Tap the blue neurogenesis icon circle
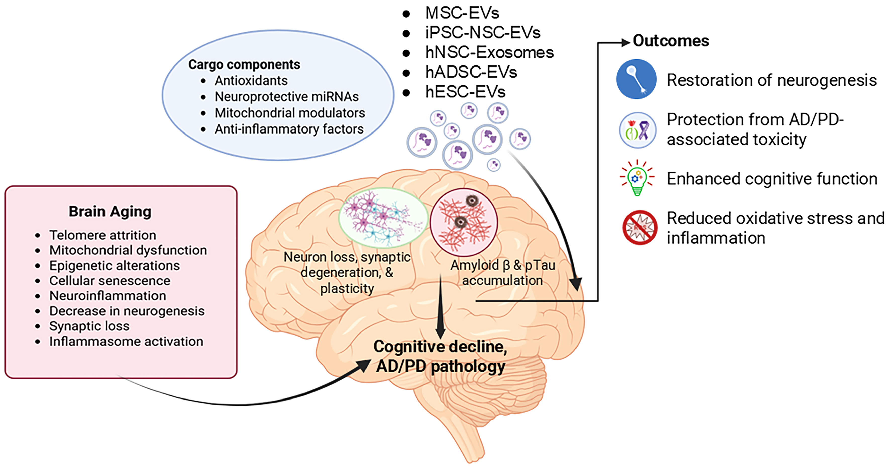(636, 79)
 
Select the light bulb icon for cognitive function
(637, 178)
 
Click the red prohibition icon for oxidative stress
(640, 227)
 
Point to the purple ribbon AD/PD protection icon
(638, 130)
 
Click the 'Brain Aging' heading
(110, 211)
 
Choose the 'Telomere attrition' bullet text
(102, 235)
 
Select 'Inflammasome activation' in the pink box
(126, 341)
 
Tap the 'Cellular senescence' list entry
(110, 281)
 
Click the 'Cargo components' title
(244, 64)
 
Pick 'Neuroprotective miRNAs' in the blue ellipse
(286, 97)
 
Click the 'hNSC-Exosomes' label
(489, 52)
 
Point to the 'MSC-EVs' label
(462, 13)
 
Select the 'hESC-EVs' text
(465, 92)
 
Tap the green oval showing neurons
(383, 218)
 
